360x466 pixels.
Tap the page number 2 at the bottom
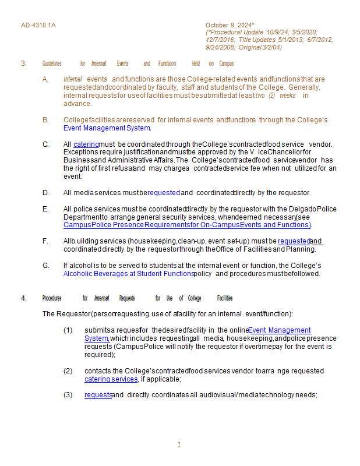coord(179,445)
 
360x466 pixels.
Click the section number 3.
coord(24,63)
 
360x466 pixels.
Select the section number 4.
coord(24,298)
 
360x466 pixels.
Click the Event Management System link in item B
coord(107,128)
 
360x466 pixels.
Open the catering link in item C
coord(86,144)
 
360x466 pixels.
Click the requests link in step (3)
coord(98,394)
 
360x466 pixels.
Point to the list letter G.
coord(45,266)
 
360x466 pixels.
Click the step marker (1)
coord(68,330)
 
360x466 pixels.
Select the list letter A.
coord(45,79)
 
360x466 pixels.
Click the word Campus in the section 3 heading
coord(226,63)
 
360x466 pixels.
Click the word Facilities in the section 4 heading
coord(225,298)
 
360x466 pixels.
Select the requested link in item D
coord(164,192)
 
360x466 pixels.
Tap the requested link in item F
coord(294,241)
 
